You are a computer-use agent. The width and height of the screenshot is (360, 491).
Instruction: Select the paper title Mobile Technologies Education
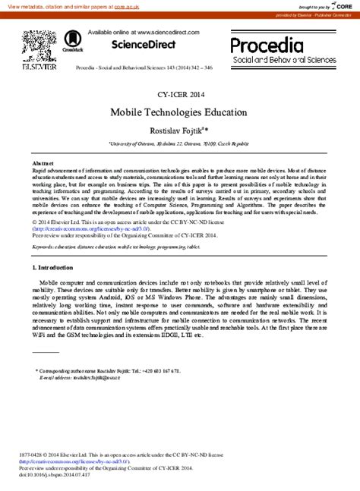178,112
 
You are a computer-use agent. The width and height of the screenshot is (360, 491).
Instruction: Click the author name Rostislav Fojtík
179,129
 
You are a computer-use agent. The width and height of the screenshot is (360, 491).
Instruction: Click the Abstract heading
43,163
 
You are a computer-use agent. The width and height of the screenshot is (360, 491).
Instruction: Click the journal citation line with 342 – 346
144,68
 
